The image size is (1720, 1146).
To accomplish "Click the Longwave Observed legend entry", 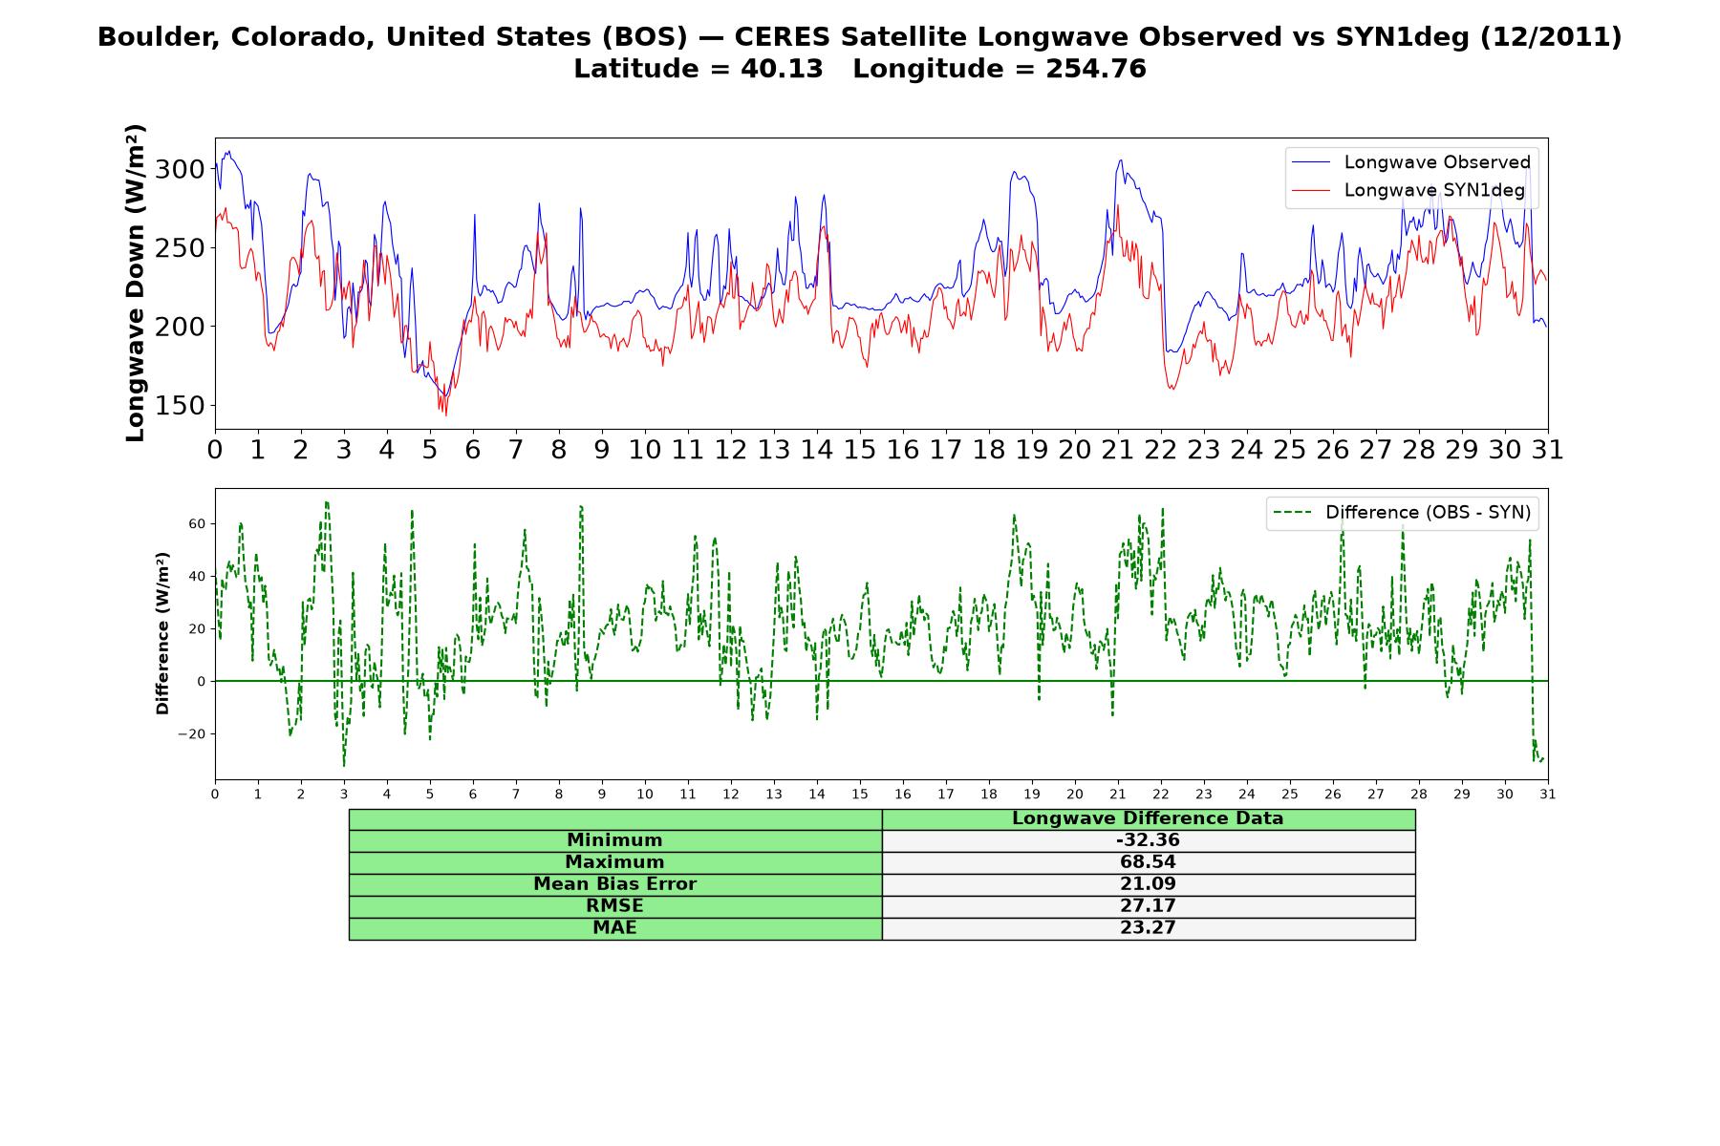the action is click(x=1411, y=162).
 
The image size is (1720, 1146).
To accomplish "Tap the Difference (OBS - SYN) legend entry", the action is click(x=1402, y=513).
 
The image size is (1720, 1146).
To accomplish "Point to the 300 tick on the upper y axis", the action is click(x=181, y=170).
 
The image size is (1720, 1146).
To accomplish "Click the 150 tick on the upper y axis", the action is click(x=181, y=406).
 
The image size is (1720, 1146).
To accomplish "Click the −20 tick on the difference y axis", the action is click(x=193, y=734).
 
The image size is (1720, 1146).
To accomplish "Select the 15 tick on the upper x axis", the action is click(x=860, y=450).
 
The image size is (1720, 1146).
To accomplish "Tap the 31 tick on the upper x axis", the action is click(x=1548, y=450).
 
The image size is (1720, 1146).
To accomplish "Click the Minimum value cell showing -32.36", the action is click(x=1148, y=840).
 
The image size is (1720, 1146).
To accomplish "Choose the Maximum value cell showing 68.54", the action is click(x=1148, y=862).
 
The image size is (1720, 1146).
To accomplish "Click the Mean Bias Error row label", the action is click(x=614, y=884).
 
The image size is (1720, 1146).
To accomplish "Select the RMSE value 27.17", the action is click(x=1148, y=906).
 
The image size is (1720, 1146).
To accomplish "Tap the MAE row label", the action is click(x=614, y=928).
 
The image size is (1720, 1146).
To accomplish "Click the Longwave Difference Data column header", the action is click(x=1148, y=818).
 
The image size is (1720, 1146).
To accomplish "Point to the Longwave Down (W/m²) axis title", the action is click(x=135, y=283).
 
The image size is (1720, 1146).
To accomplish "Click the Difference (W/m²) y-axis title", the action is click(x=162, y=633).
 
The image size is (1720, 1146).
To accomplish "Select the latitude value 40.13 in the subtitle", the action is click(x=782, y=69).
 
